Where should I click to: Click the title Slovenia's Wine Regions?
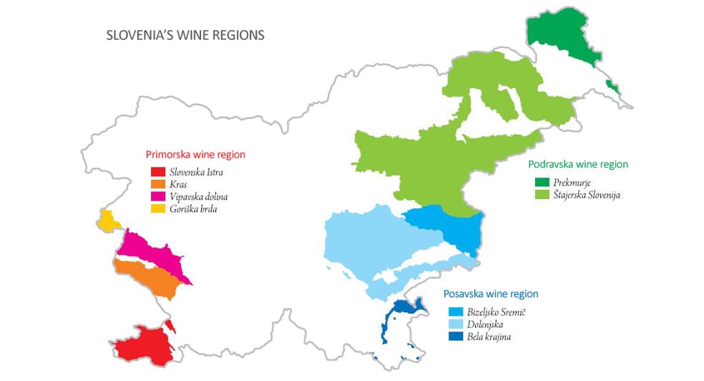pyautogui.click(x=185, y=35)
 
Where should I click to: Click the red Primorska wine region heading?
pyautogui.click(x=195, y=154)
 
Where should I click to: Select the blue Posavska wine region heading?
pyautogui.click(x=491, y=294)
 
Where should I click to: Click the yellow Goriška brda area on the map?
pyautogui.click(x=109, y=221)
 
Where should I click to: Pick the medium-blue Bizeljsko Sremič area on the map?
pyautogui.click(x=451, y=228)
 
